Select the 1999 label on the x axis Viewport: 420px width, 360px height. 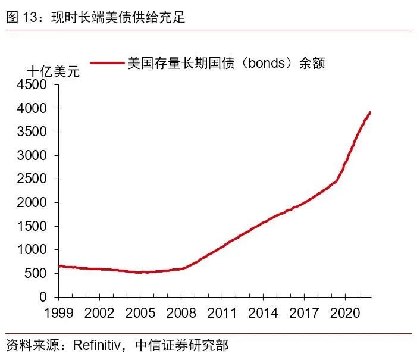(58, 312)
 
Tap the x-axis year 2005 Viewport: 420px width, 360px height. (140, 312)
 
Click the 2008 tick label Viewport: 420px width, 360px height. (181, 312)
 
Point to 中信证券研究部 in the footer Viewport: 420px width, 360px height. (181, 345)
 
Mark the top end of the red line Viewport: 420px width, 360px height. (370, 112)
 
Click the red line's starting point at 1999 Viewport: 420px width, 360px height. (59, 266)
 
